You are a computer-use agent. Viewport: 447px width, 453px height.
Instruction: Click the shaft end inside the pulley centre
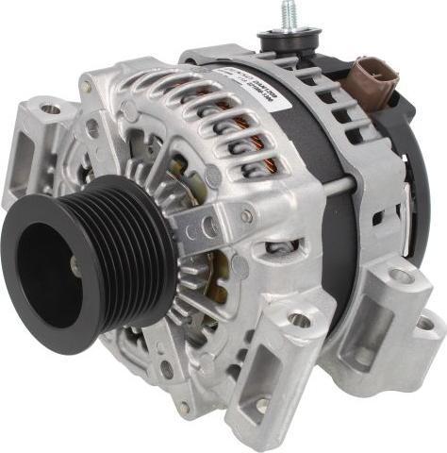coord(74,270)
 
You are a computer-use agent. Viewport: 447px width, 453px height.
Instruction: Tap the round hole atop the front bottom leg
coord(300,321)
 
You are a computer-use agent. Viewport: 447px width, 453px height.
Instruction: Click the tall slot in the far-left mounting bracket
coord(25,160)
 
